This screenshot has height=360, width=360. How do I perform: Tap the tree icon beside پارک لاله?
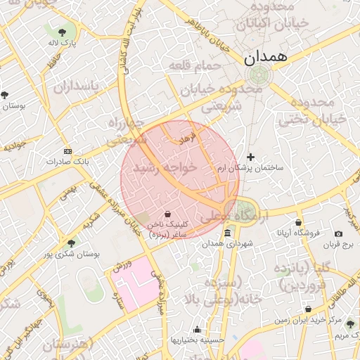pos(63,32)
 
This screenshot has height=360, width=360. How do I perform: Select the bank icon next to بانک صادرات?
pos(67,151)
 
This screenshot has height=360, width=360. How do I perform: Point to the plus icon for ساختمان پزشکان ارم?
pos(251,157)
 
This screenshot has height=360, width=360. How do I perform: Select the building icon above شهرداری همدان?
pos(227,233)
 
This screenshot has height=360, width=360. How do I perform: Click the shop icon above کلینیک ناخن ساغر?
pos(167,214)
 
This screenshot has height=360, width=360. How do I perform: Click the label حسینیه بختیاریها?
pos(198,340)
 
